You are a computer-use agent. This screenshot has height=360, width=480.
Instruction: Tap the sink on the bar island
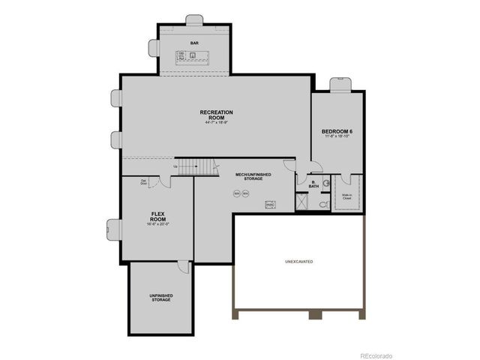[193, 55]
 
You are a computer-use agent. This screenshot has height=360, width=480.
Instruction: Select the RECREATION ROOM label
[216, 115]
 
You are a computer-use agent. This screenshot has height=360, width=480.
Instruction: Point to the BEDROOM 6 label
[337, 131]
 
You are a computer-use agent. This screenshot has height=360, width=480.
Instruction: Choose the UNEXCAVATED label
[298, 261]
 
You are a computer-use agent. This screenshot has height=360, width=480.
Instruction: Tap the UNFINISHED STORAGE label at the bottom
[161, 297]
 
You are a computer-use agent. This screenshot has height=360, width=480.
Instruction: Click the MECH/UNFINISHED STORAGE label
[253, 177]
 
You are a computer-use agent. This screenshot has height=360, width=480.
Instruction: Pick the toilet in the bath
[324, 203]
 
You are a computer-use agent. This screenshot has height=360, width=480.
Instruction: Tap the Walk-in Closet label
[347, 196]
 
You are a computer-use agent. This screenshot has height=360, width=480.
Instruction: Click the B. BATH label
[313, 183]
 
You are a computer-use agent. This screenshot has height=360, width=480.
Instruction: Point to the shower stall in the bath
[302, 202]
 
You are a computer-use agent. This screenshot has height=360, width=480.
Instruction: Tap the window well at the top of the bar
[195, 18]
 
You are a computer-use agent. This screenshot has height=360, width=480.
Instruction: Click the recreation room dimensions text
[216, 123]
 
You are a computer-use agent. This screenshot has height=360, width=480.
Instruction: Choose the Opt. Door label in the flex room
[143, 181]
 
